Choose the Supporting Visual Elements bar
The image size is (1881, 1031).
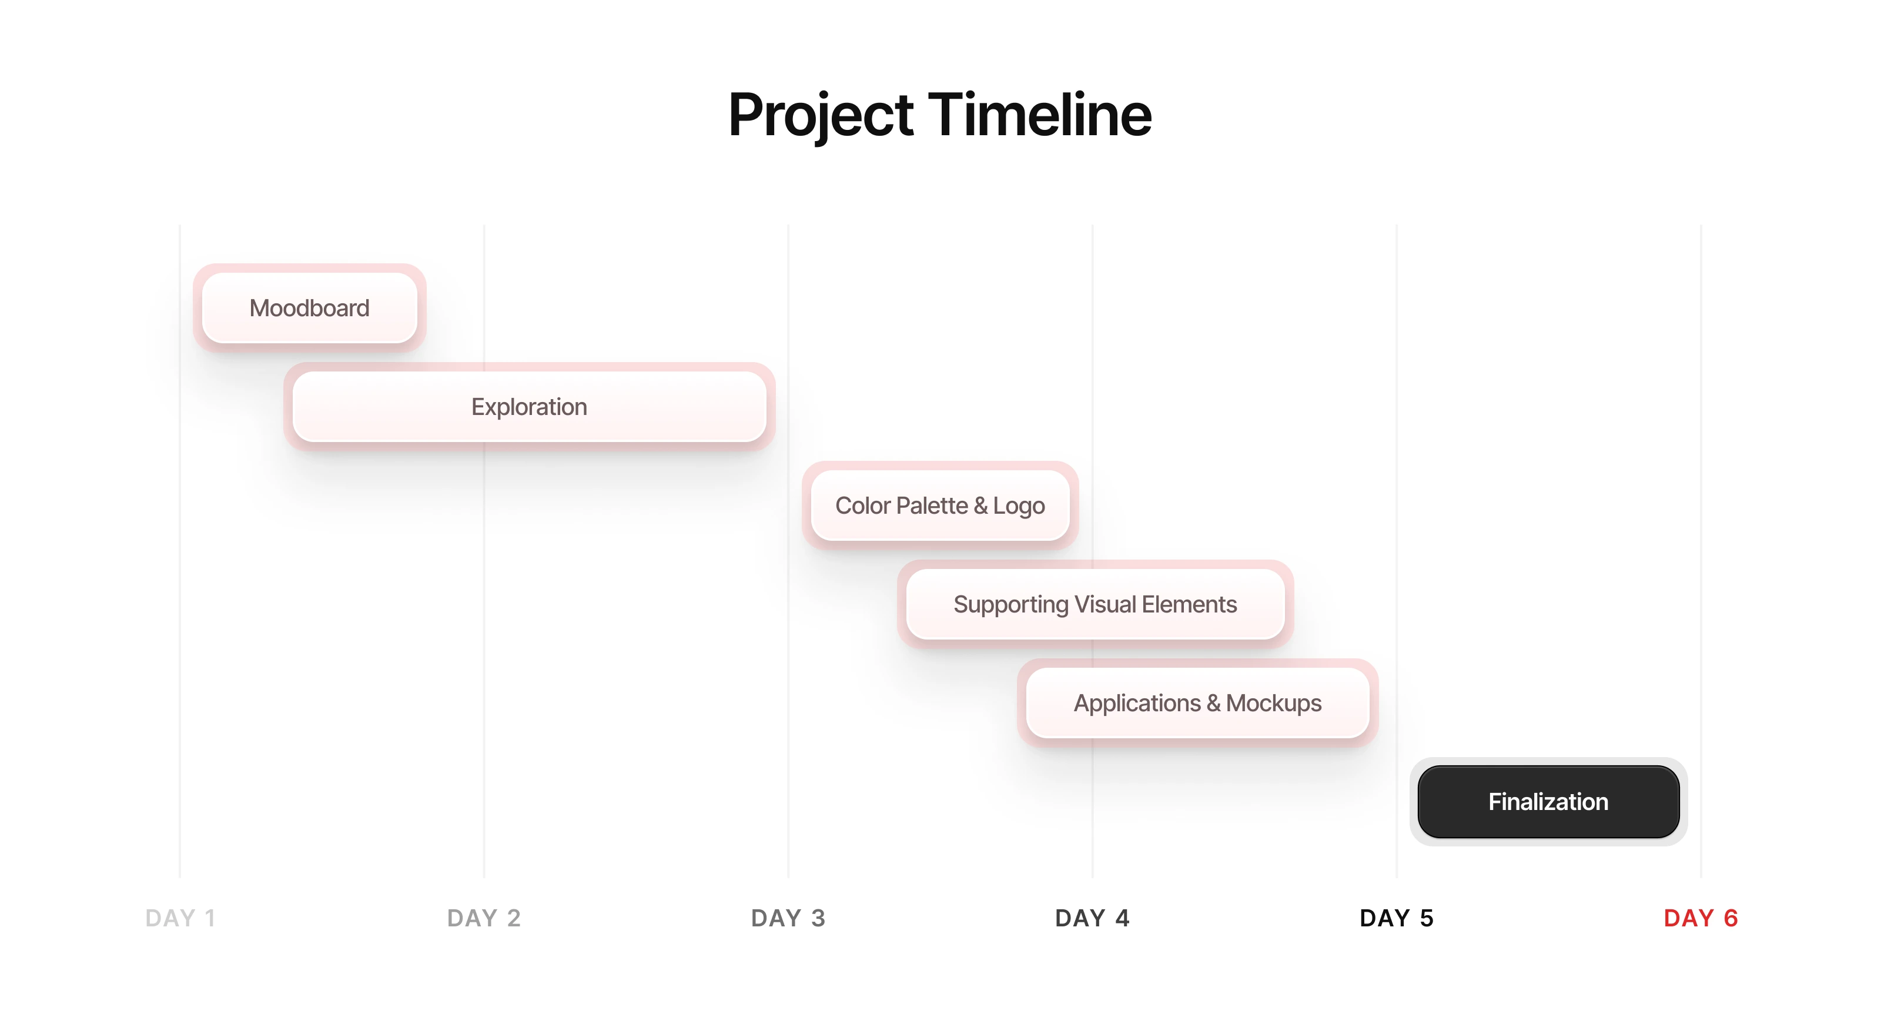click(1095, 604)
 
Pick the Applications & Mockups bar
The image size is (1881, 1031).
click(1197, 702)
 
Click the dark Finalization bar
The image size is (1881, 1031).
click(1548, 801)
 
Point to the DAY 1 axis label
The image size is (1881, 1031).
click(180, 918)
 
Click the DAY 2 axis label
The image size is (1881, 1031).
click(484, 918)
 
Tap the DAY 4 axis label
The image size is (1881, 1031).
click(1092, 918)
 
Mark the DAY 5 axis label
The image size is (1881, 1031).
click(1396, 918)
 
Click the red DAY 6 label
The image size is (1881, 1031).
click(1701, 918)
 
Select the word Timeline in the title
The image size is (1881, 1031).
click(1040, 115)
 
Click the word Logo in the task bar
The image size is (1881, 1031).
click(1019, 506)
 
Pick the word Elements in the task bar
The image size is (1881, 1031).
click(1190, 604)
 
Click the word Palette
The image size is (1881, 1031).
click(932, 506)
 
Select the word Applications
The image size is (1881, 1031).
click(1137, 703)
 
